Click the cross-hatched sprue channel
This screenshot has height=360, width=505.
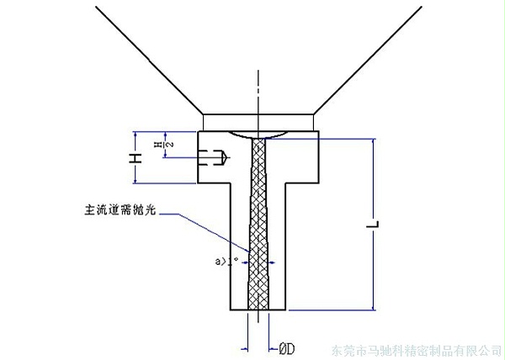pyautogui.click(x=259, y=227)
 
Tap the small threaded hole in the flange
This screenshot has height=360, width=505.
pyautogui.click(x=216, y=156)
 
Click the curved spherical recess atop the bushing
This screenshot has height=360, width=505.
pyautogui.click(x=259, y=135)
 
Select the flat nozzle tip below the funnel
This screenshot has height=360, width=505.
pyautogui.click(x=259, y=123)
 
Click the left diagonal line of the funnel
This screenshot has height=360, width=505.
pyautogui.click(x=147, y=59)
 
